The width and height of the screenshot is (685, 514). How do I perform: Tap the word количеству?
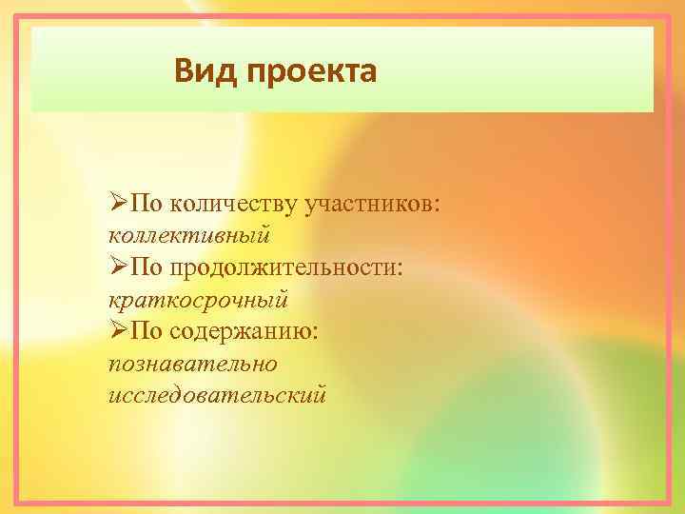point(230,203)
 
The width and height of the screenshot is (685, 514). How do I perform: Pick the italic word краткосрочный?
point(198,298)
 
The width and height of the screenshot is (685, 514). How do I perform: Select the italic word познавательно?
point(193,362)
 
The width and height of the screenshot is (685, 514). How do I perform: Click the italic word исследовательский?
point(218,393)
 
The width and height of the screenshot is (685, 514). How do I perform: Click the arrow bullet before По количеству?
point(118,203)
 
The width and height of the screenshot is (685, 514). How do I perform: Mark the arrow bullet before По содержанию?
point(118,330)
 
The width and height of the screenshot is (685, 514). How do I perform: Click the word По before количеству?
point(147,203)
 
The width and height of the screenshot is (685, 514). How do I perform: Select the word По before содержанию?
point(147,330)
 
